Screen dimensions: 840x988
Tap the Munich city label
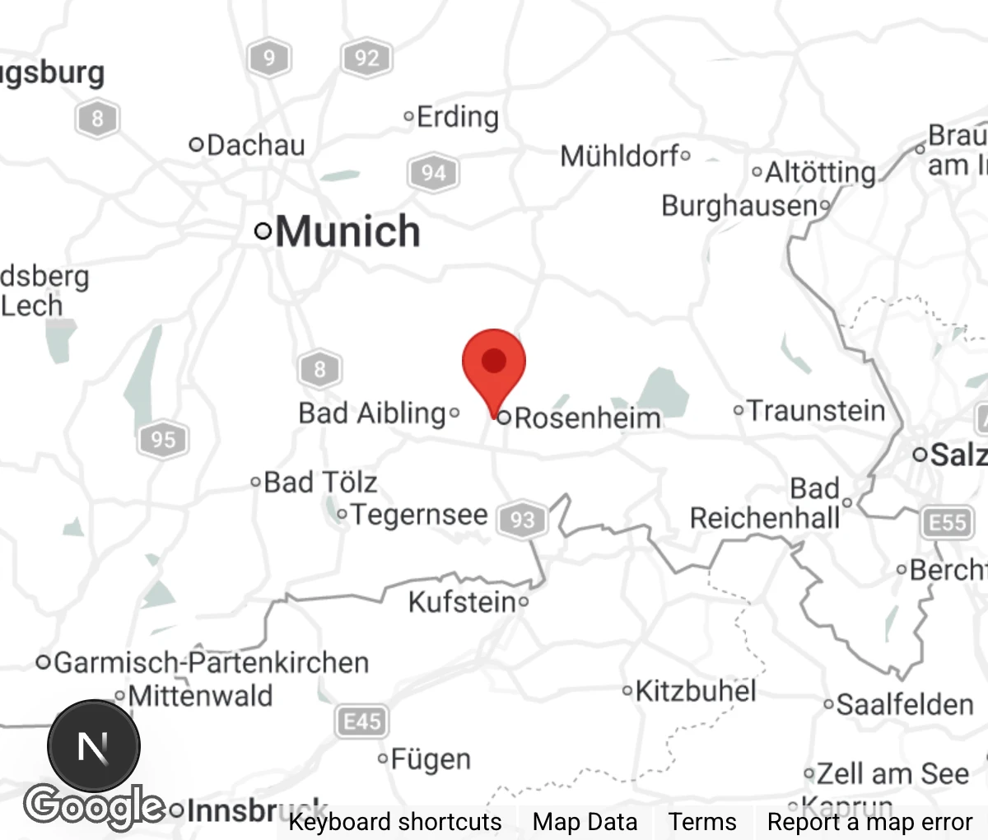click(x=347, y=231)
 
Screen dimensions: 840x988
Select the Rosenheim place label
click(x=587, y=418)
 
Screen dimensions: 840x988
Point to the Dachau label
click(x=255, y=146)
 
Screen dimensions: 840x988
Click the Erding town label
click(x=457, y=117)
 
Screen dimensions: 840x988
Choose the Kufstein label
click(x=462, y=602)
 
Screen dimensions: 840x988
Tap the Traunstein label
click(x=816, y=410)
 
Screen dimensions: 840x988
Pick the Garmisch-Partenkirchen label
click(x=211, y=662)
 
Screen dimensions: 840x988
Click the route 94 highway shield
click(x=433, y=173)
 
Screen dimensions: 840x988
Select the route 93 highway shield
click(x=522, y=520)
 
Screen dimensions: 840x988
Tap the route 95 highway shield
click(x=163, y=439)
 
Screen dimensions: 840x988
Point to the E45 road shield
click(x=362, y=722)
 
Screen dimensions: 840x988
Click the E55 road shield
click(x=947, y=522)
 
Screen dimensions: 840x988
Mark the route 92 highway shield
click(x=366, y=58)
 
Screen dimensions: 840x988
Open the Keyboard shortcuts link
click(x=394, y=822)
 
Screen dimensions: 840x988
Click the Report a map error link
click(x=869, y=822)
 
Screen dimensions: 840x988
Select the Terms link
click(x=702, y=822)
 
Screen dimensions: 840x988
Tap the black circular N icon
click(x=93, y=747)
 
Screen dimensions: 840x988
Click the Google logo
click(x=95, y=806)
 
